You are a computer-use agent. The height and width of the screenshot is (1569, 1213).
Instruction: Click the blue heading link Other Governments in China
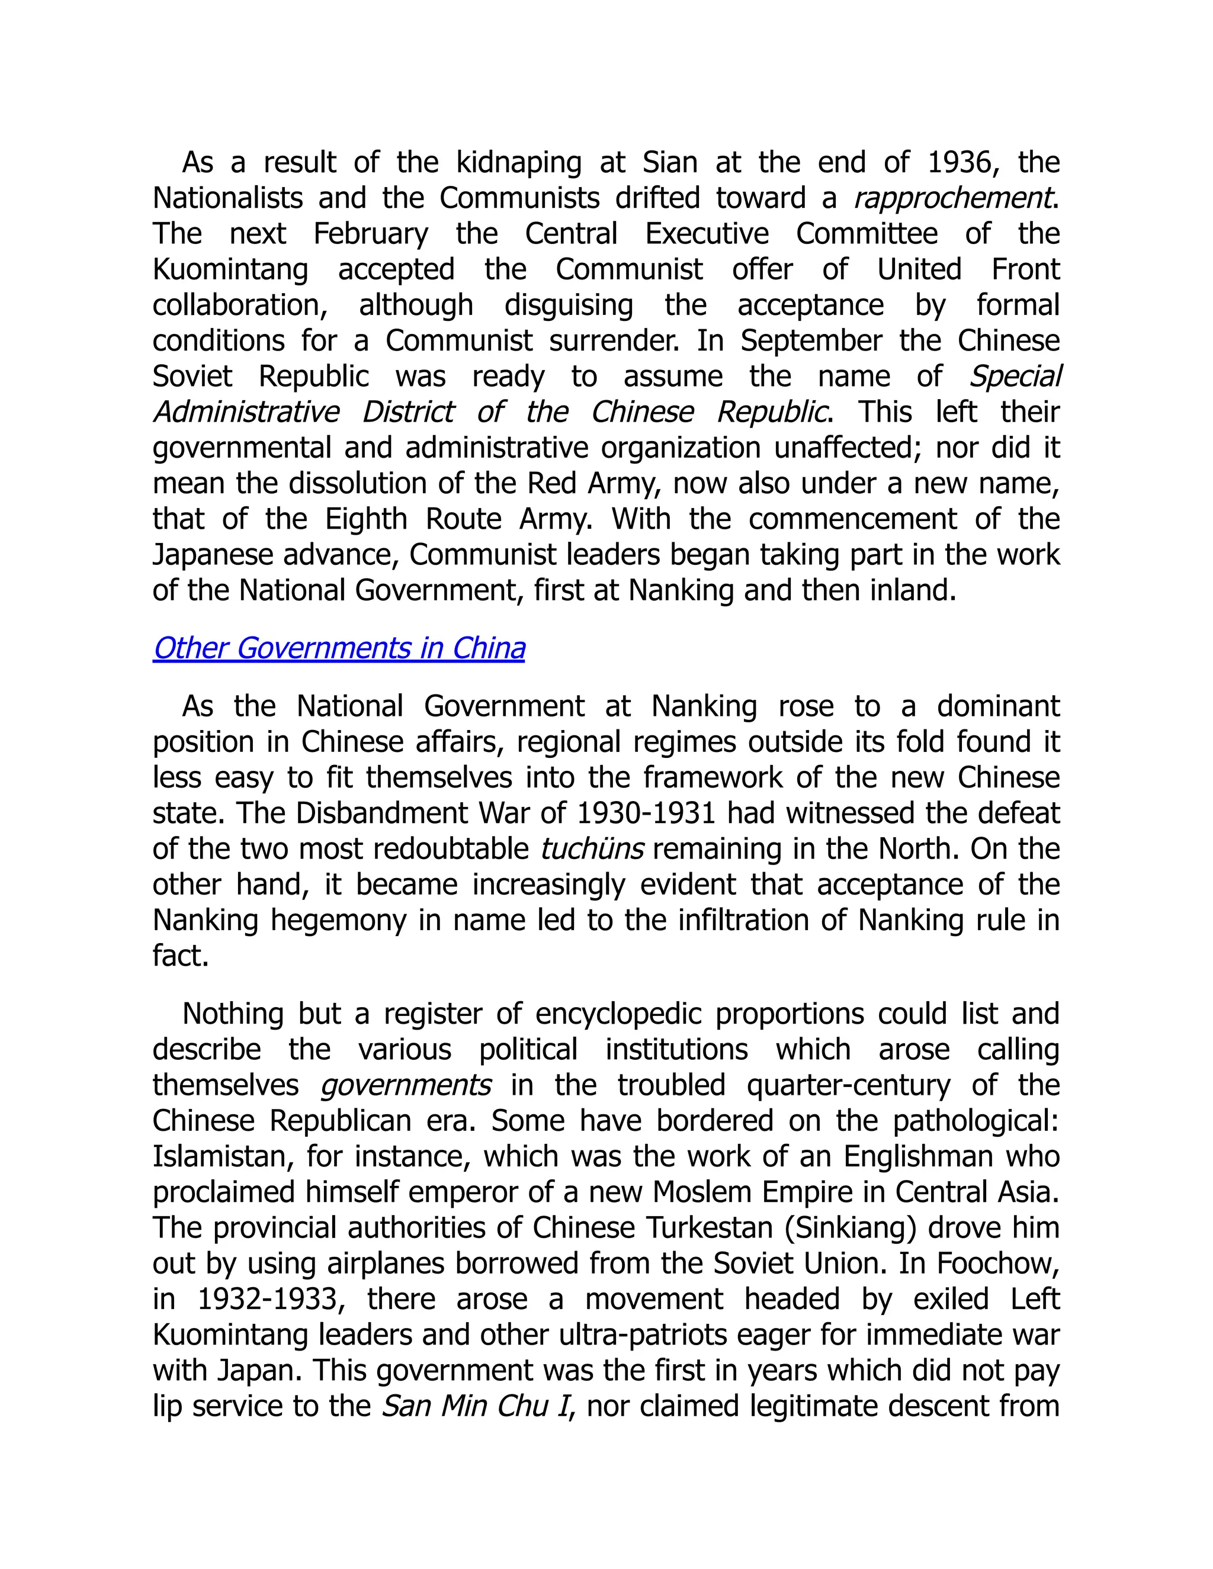338,649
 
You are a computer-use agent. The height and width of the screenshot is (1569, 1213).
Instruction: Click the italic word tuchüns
592,849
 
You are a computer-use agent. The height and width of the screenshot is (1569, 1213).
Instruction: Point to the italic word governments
406,1085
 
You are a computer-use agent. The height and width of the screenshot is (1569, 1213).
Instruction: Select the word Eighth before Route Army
366,519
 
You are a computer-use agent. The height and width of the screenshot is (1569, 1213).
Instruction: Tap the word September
811,341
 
